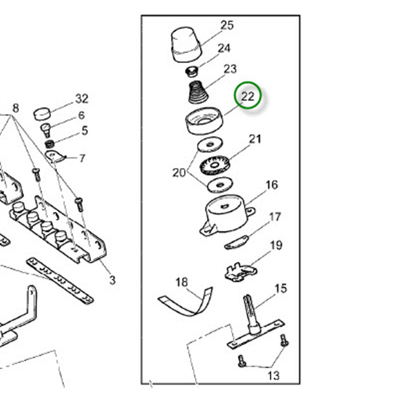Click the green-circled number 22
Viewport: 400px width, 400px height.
(247, 97)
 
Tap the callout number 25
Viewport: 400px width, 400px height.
(227, 25)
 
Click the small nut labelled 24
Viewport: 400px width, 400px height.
(193, 72)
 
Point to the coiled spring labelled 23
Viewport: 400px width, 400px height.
(198, 93)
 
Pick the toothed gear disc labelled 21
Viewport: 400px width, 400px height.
(215, 165)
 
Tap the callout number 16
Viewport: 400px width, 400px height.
(271, 185)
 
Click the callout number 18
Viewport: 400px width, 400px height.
(181, 282)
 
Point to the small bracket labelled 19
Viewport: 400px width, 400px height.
(239, 271)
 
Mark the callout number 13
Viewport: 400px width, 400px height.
(274, 375)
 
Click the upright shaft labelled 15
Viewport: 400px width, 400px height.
(253, 314)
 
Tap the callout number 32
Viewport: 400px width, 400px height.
(82, 98)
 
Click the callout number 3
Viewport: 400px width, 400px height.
(113, 280)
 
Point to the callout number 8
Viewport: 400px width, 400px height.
(15, 108)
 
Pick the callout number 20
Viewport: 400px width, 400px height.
(179, 173)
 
